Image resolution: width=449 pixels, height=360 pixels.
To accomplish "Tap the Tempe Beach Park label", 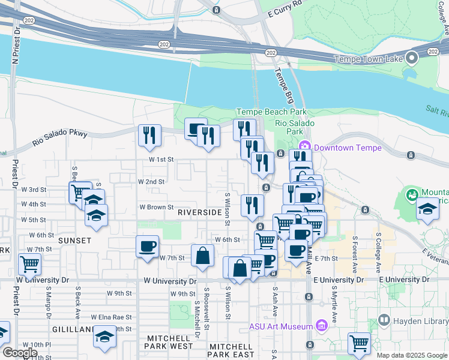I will (271, 112).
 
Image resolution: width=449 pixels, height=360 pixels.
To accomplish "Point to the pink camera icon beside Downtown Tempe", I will (304, 146).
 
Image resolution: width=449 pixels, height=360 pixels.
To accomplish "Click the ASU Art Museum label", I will (280, 326).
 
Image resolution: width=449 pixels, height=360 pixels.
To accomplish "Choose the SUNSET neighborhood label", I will (74, 241).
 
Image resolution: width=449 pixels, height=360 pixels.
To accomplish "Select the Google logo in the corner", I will (20, 353).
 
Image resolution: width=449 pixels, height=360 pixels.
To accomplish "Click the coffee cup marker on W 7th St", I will (147, 246).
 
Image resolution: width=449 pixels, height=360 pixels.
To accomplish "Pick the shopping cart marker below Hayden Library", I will (359, 344).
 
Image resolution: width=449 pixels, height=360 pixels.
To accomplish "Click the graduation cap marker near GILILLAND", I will (104, 338).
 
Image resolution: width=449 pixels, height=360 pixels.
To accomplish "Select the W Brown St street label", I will (156, 207).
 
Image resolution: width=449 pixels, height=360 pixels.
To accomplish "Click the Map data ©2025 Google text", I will (411, 355).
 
